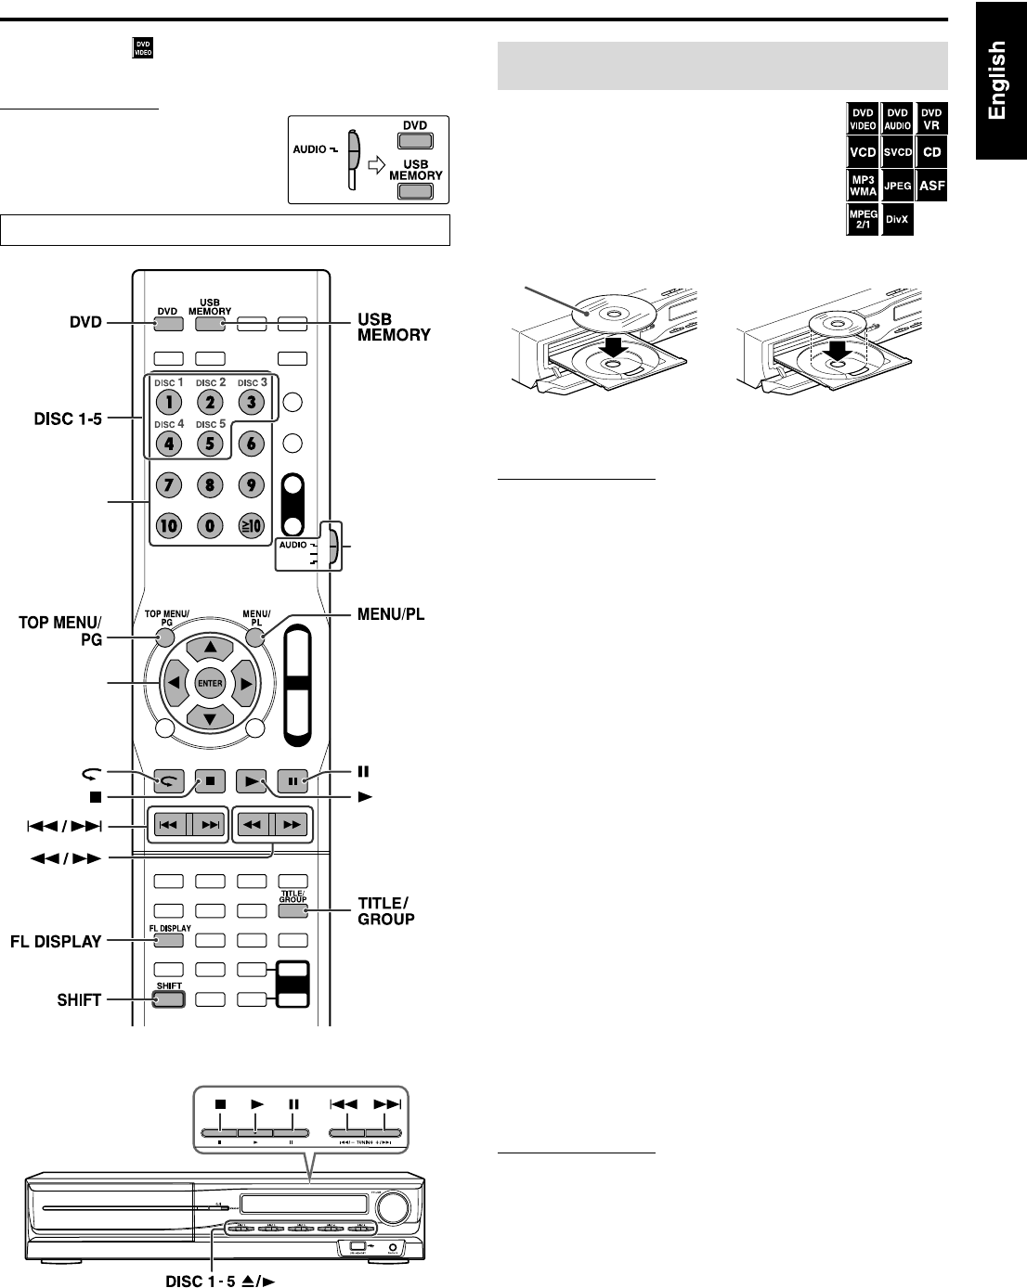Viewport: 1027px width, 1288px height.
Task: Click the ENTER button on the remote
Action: click(210, 684)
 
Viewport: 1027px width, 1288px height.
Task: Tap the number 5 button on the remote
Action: click(210, 443)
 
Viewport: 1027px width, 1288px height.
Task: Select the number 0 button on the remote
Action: click(210, 525)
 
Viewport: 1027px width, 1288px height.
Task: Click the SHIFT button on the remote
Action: click(169, 999)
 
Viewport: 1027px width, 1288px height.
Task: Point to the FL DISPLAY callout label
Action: click(56, 941)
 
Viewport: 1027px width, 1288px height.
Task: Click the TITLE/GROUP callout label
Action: click(385, 911)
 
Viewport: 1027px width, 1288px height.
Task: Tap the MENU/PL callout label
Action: click(391, 614)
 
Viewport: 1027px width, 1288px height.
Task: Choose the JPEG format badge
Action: click(897, 186)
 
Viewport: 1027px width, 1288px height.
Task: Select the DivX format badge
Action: click(896, 220)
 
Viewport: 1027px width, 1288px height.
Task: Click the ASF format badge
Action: click(931, 186)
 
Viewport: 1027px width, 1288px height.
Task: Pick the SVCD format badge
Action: click(897, 151)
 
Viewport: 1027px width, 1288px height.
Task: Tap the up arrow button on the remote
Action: click(210, 647)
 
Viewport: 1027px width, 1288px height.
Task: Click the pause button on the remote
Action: click(292, 781)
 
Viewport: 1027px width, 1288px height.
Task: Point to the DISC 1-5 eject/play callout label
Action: click(221, 1281)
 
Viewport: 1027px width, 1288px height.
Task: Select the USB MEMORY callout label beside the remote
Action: click(394, 328)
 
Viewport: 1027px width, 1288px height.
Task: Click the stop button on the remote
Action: click(210, 781)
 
